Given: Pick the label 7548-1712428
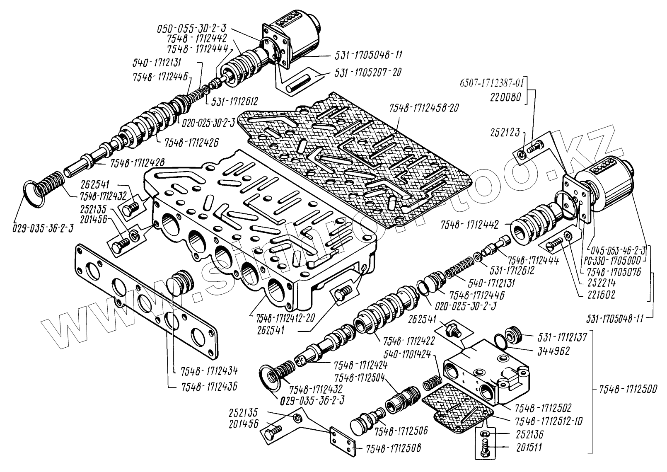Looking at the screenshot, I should (137, 164).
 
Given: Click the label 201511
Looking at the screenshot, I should (531, 448).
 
